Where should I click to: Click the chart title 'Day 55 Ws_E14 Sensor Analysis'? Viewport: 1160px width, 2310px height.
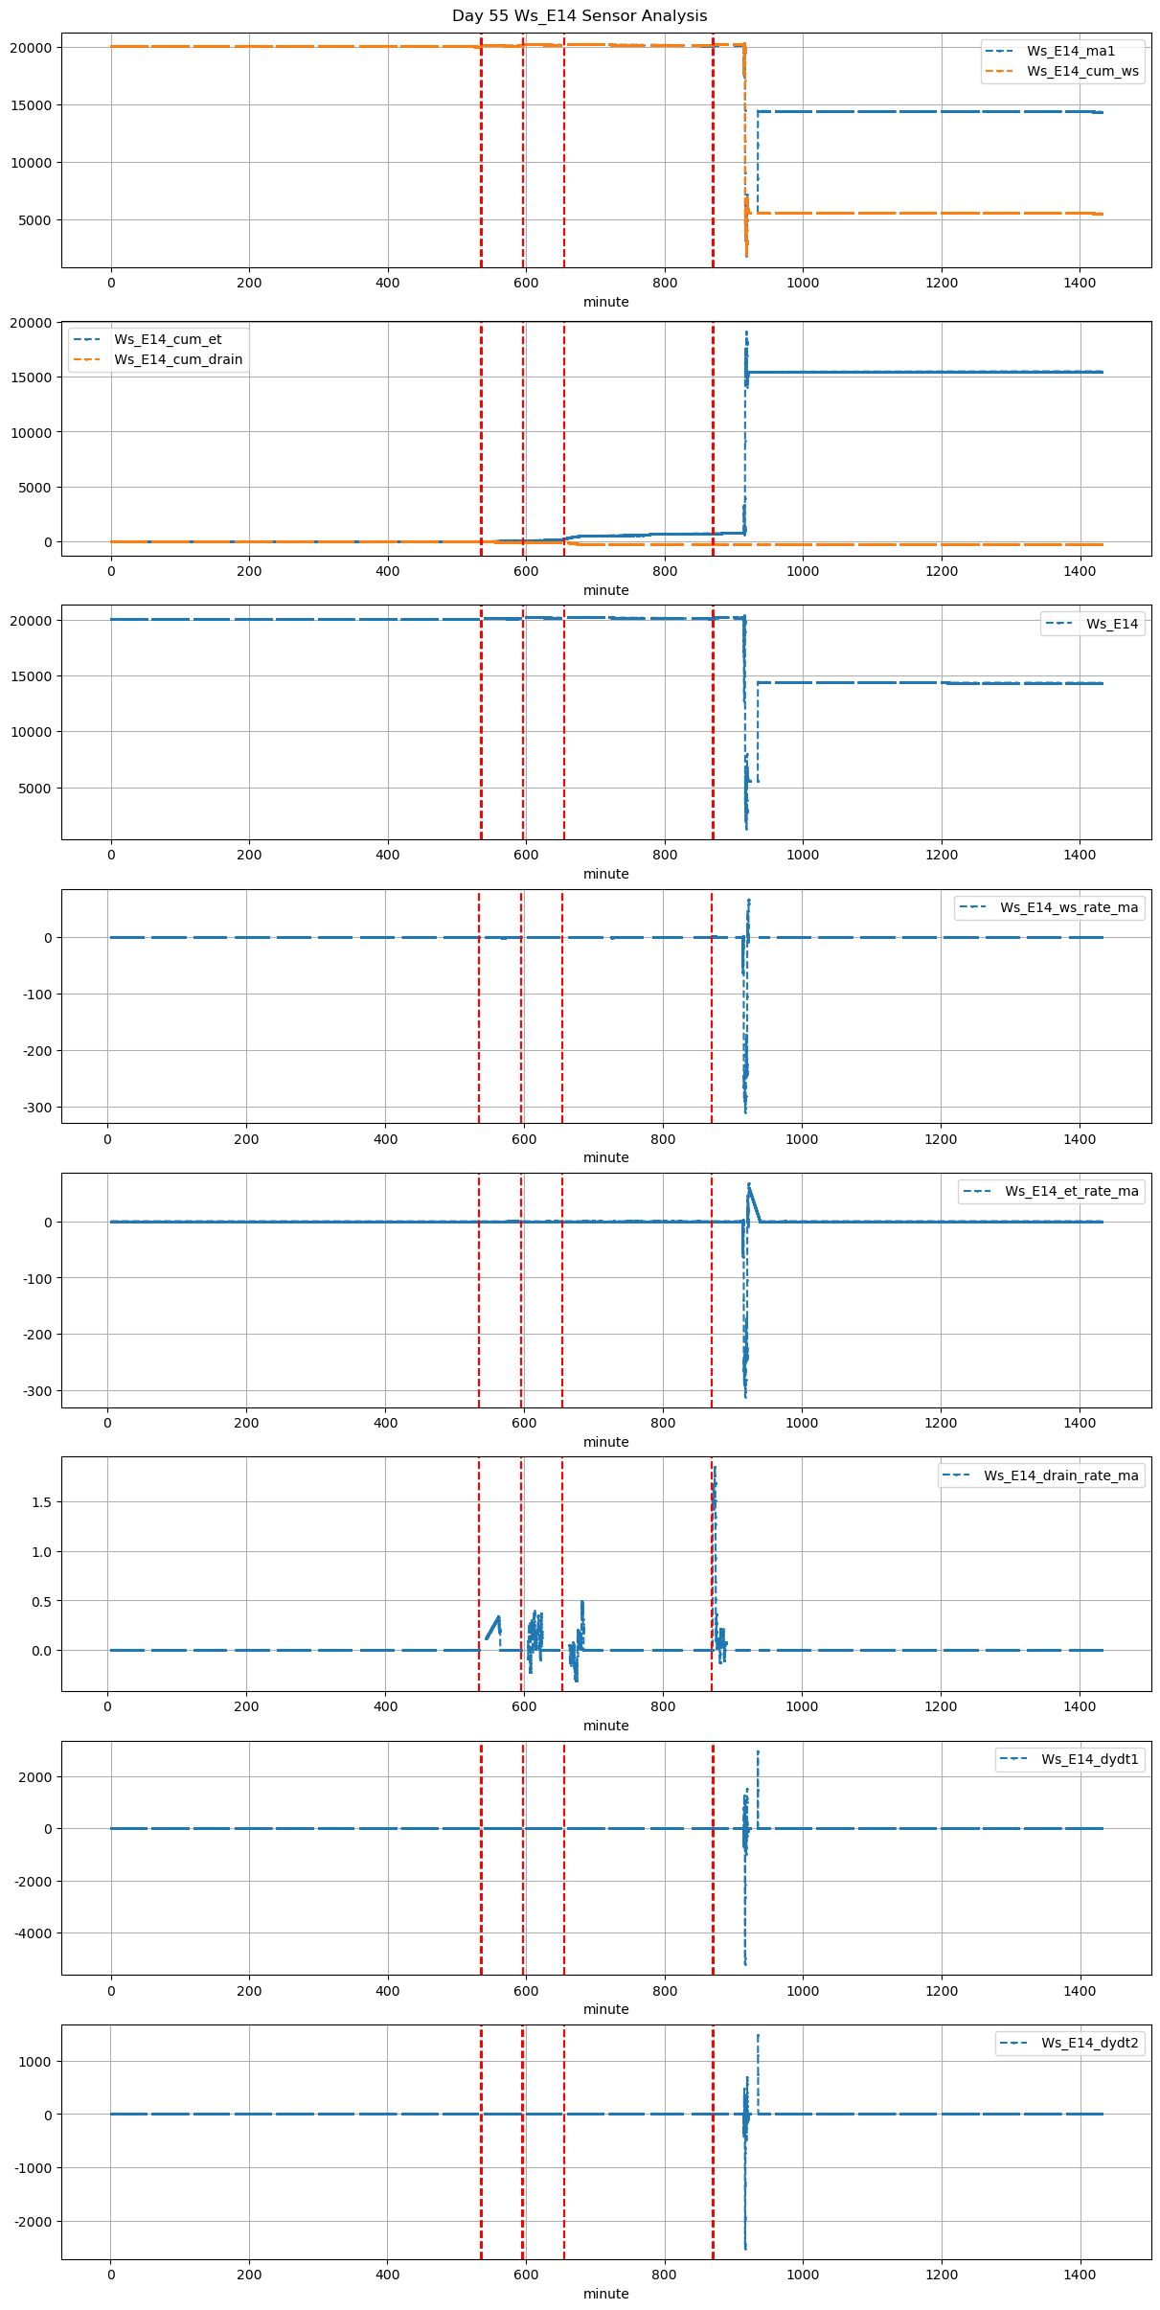point(580,15)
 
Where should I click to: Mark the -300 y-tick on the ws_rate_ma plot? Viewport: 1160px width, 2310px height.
point(36,1107)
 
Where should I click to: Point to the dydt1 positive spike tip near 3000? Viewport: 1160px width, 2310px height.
point(758,1752)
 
